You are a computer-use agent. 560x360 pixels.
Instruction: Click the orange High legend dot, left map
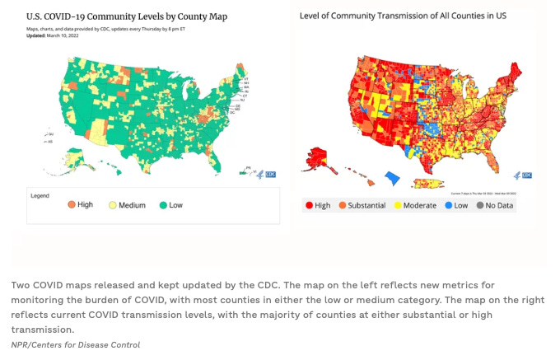click(x=71, y=204)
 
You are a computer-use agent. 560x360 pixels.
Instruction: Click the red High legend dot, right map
click(x=309, y=205)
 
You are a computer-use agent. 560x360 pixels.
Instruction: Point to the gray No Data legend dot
click(x=479, y=205)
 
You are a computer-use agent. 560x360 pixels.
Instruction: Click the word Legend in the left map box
click(x=41, y=195)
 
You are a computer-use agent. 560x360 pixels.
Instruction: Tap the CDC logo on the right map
click(x=525, y=175)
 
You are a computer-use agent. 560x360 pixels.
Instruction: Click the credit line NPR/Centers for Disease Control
click(x=76, y=344)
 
